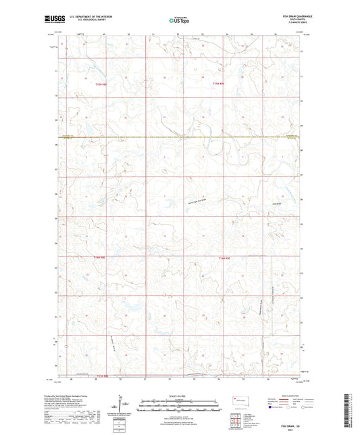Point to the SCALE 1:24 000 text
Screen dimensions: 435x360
(x=179, y=396)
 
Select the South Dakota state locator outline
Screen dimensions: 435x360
(x=238, y=399)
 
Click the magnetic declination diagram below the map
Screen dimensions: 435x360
(x=123, y=405)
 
